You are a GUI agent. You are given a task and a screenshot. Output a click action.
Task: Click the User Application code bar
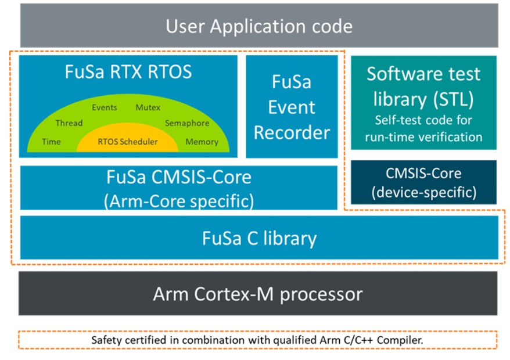(x=259, y=26)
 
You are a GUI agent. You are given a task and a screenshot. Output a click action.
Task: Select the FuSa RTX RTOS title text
(x=128, y=72)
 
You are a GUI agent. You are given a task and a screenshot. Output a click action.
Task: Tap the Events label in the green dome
(x=105, y=107)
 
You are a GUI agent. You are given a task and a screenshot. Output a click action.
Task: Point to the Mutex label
(x=148, y=107)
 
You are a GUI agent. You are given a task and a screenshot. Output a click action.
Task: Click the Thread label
(x=69, y=123)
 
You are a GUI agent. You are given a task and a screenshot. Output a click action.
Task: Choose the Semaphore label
(x=187, y=123)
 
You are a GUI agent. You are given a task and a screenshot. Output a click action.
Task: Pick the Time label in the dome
(x=51, y=142)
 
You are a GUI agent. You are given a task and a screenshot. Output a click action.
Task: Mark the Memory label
(x=202, y=142)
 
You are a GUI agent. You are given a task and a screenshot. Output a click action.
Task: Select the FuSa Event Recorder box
(x=292, y=106)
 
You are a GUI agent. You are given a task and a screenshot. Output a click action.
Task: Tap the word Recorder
(x=292, y=133)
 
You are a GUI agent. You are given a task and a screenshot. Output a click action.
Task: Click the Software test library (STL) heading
(x=423, y=87)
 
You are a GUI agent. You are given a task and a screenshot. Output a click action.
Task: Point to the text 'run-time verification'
(x=423, y=137)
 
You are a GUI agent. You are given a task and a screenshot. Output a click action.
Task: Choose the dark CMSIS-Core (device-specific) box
(x=423, y=182)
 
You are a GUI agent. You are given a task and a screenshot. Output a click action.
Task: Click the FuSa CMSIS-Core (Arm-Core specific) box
(x=178, y=188)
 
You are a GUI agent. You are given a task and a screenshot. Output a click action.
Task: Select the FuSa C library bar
(x=259, y=237)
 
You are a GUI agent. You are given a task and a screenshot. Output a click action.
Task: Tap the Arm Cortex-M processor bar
(x=258, y=293)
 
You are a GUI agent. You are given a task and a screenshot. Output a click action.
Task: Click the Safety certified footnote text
(x=257, y=340)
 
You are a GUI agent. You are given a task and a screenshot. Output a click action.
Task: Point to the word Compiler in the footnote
(x=400, y=340)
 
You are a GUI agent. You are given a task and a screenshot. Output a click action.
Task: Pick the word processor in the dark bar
(x=321, y=294)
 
